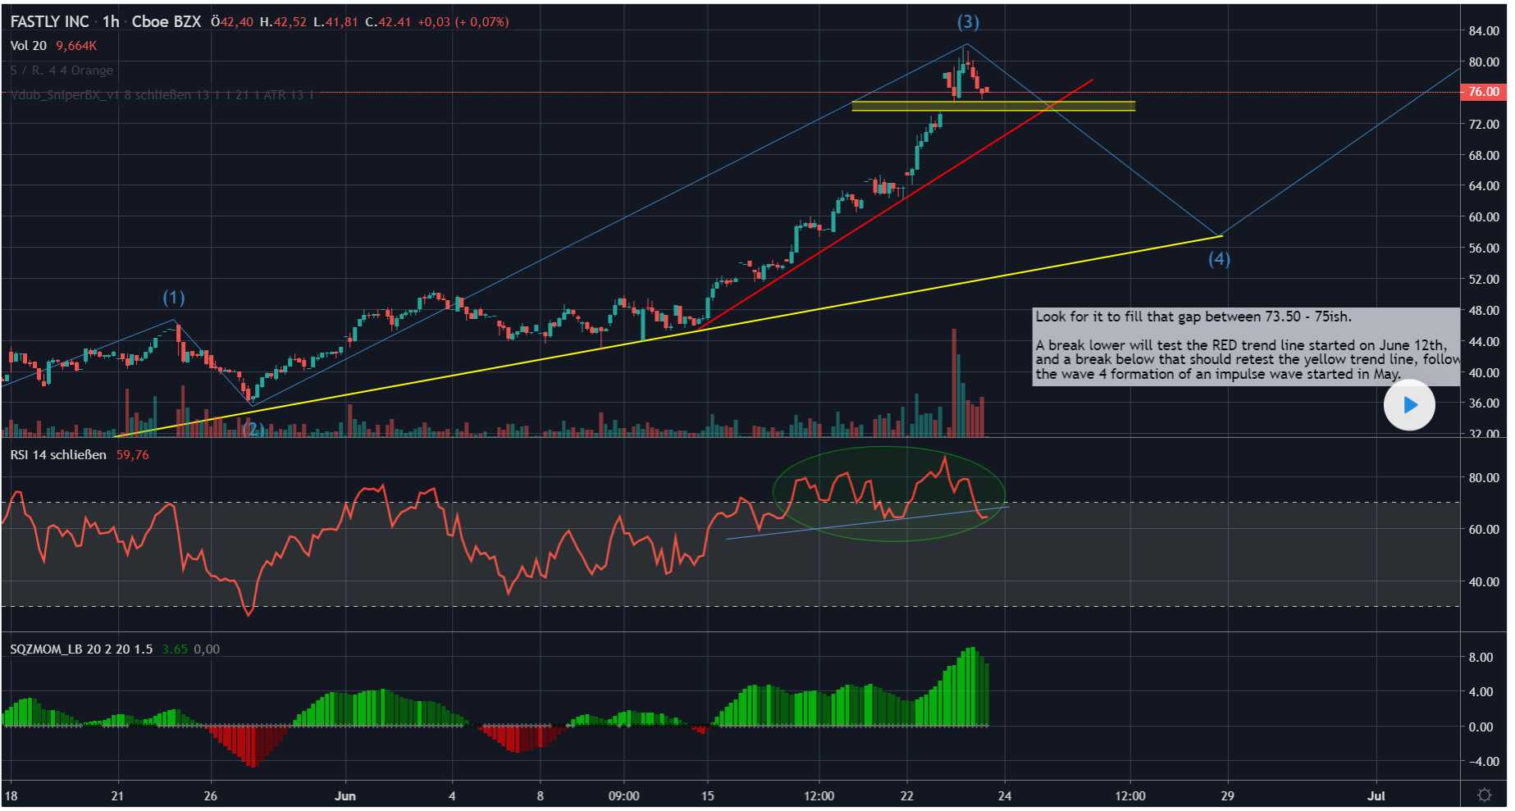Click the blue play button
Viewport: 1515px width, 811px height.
1409,404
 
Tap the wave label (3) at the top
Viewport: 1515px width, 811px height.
968,22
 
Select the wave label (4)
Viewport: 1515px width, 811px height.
1219,259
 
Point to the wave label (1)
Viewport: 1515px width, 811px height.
174,297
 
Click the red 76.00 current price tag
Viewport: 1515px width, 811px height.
1483,92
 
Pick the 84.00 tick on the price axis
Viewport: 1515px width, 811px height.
1483,31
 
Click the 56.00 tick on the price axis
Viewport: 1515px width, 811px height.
1483,248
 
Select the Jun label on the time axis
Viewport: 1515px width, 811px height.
345,795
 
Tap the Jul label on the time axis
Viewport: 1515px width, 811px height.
1376,795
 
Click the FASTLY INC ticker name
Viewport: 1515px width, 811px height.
49,22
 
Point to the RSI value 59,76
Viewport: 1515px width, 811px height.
132,455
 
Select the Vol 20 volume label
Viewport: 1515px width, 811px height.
28,46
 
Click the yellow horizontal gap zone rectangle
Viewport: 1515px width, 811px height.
993,106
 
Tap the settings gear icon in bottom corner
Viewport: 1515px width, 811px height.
1484,795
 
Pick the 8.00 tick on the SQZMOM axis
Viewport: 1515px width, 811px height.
1481,658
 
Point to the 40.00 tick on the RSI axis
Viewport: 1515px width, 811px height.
1483,582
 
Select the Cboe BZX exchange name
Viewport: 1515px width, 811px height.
166,22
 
